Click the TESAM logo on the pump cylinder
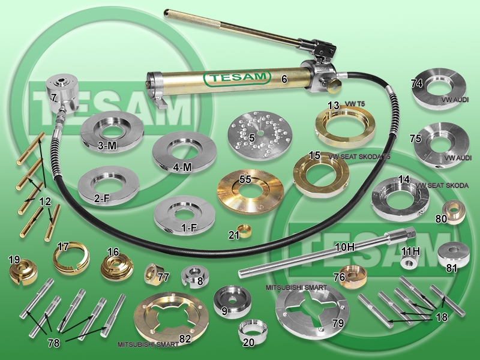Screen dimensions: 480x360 (237, 78)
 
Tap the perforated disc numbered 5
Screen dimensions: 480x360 (260, 135)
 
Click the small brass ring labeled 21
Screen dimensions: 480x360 (245, 231)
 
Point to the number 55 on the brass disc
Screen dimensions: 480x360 (245, 179)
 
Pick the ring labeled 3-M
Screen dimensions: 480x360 (112, 131)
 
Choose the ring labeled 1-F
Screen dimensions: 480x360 (184, 215)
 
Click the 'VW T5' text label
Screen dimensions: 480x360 (355, 104)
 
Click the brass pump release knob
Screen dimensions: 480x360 (332, 85)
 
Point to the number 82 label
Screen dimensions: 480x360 (185, 338)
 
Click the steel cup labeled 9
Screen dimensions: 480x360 (232, 302)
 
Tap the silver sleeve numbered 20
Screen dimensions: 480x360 (253, 331)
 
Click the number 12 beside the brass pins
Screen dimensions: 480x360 (45, 202)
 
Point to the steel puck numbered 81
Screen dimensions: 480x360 (454, 254)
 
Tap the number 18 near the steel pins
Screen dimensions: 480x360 (442, 317)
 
